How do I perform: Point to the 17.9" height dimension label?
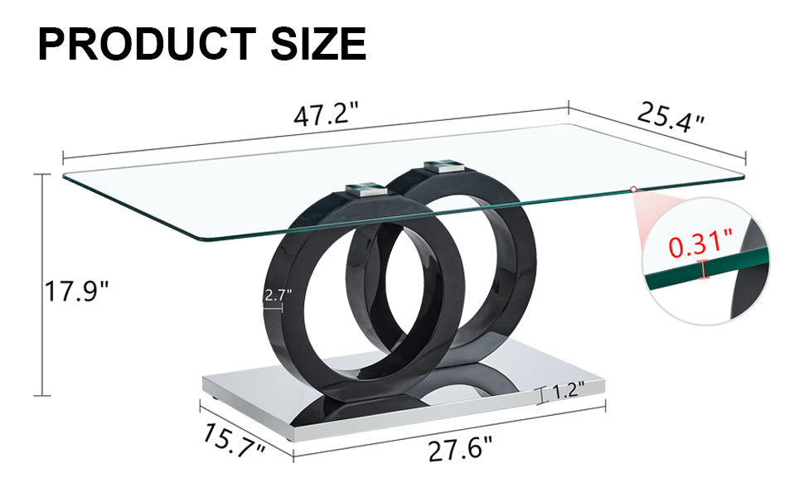pyautogui.click(x=77, y=292)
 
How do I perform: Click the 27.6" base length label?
pyautogui.click(x=460, y=451)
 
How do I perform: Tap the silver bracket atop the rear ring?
pyautogui.click(x=445, y=166)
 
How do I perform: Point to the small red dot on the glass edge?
pyautogui.click(x=633, y=190)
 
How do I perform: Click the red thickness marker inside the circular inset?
pyautogui.click(x=705, y=269)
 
